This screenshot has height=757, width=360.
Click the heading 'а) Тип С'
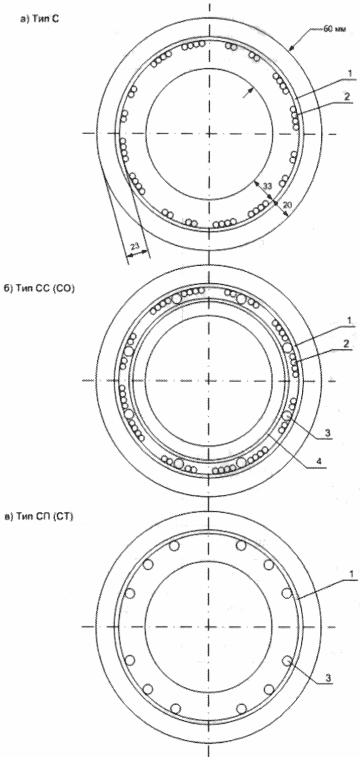pyautogui.click(x=40, y=20)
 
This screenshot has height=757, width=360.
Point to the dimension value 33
pyautogui.click(x=267, y=195)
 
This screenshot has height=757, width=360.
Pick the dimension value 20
pyautogui.click(x=286, y=204)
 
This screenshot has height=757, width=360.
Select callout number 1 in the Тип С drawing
pyautogui.click(x=349, y=73)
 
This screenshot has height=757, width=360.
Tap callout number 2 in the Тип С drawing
pyautogui.click(x=347, y=96)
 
